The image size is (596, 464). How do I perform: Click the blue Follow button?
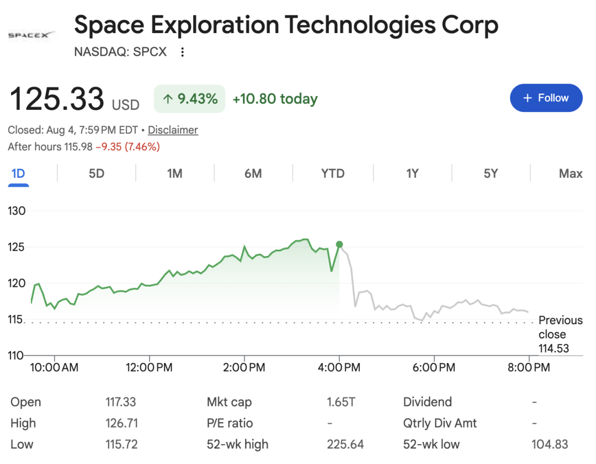[546, 98]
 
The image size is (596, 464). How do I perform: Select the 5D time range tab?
[97, 174]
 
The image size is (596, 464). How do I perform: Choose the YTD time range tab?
[333, 174]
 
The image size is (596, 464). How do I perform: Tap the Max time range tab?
[571, 174]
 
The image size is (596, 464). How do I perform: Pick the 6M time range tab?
[253, 174]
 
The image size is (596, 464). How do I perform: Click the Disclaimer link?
[173, 130]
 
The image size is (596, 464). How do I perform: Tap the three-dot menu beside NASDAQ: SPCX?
[183, 52]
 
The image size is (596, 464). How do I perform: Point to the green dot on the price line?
[339, 245]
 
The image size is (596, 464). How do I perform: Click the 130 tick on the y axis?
[17, 211]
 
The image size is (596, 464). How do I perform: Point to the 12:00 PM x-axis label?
[149, 367]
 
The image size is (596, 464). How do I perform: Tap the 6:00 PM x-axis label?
[434, 367]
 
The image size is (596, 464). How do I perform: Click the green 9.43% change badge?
[189, 99]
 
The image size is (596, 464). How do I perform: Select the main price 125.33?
[57, 98]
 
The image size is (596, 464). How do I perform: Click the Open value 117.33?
[120, 402]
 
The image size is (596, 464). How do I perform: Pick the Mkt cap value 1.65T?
[341, 402]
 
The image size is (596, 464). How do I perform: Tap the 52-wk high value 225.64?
[345, 444]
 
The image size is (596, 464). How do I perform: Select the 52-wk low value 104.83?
[550, 444]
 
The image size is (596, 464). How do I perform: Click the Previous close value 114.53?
[554, 349]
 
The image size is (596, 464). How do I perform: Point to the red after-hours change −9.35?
[109, 147]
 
